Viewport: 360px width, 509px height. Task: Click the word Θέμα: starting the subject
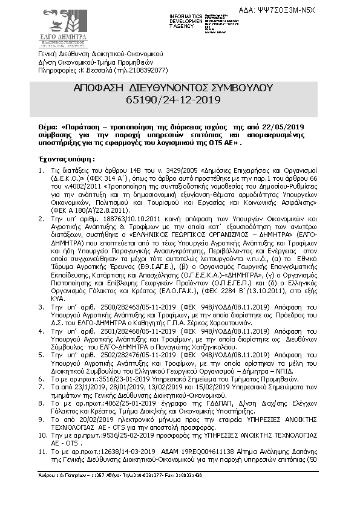[x=48, y=128]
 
